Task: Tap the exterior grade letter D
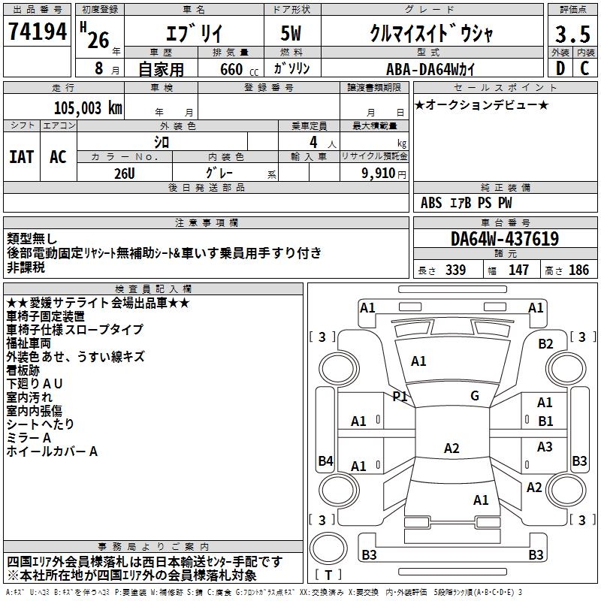coord(560,68)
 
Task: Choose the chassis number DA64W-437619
coord(505,239)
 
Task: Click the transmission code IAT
coord(22,156)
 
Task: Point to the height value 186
coord(578,270)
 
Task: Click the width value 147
coord(518,270)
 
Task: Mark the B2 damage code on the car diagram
coord(545,344)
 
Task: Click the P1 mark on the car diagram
coord(400,396)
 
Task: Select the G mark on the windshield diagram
coord(475,396)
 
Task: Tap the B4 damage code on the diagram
coord(325,461)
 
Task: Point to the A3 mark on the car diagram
coord(545,447)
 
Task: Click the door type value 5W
coord(294,33)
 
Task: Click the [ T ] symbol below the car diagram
coord(328,575)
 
